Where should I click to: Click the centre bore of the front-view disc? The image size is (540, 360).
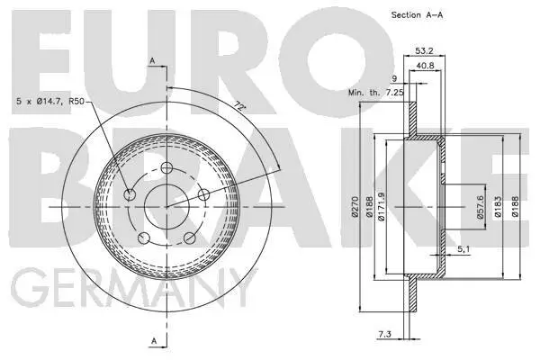(168, 207)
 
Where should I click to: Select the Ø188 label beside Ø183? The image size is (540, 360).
(515, 210)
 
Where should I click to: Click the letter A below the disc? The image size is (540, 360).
(154, 340)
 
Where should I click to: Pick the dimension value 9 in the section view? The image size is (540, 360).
(393, 78)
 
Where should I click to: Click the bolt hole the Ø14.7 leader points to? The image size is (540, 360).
(131, 195)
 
